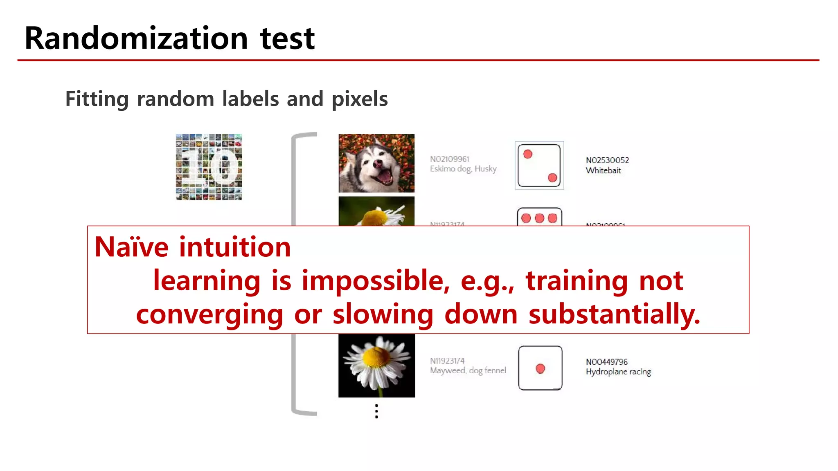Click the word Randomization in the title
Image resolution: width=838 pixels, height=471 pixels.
pyautogui.click(x=136, y=38)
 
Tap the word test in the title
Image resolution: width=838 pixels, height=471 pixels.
pyautogui.click(x=287, y=38)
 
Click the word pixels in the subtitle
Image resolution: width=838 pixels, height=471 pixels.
pyautogui.click(x=359, y=99)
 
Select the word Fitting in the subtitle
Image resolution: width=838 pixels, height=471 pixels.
pyautogui.click(x=97, y=99)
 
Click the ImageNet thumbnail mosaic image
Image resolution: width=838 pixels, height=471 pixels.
pyautogui.click(x=209, y=167)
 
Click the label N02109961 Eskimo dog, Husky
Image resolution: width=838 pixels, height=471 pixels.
pyautogui.click(x=463, y=164)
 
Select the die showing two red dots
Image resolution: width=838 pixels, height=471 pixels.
pyautogui.click(x=539, y=166)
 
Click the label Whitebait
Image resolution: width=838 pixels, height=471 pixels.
pyautogui.click(x=603, y=170)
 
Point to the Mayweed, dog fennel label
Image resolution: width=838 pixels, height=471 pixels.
pyautogui.click(x=468, y=370)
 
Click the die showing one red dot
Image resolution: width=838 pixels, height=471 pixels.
pyautogui.click(x=540, y=368)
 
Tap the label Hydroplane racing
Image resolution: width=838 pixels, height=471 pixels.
pyautogui.click(x=618, y=372)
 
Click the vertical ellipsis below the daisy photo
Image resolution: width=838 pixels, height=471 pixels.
pyautogui.click(x=376, y=411)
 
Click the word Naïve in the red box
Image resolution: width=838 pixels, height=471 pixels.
pyautogui.click(x=131, y=247)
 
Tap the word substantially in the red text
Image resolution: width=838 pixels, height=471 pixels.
pyautogui.click(x=614, y=314)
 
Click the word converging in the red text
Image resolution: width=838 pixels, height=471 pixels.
pyautogui.click(x=209, y=314)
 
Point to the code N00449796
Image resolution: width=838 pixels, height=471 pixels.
pyautogui.click(x=606, y=362)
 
